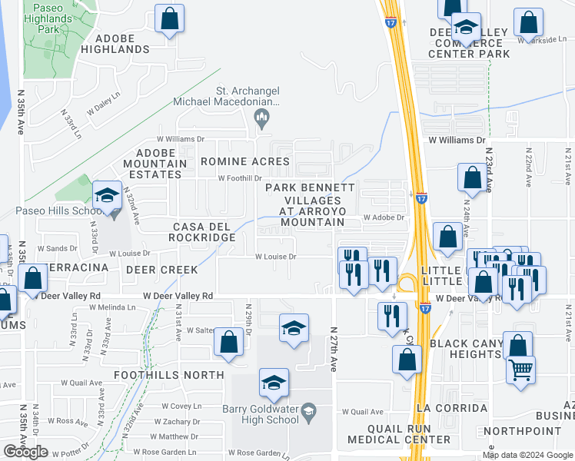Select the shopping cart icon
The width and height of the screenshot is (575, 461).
[x=520, y=370]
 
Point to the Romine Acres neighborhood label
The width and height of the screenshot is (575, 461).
[x=244, y=161]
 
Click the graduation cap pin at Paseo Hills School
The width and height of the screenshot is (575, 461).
[x=108, y=196]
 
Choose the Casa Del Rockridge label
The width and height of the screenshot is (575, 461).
[x=203, y=232]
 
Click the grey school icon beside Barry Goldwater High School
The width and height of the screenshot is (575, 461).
[x=308, y=413]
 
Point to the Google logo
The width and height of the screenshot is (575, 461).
[x=25, y=452]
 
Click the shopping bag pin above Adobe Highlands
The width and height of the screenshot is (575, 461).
[x=169, y=19]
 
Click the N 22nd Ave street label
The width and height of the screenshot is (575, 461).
[x=529, y=167]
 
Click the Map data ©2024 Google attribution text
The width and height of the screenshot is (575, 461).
[x=527, y=455]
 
